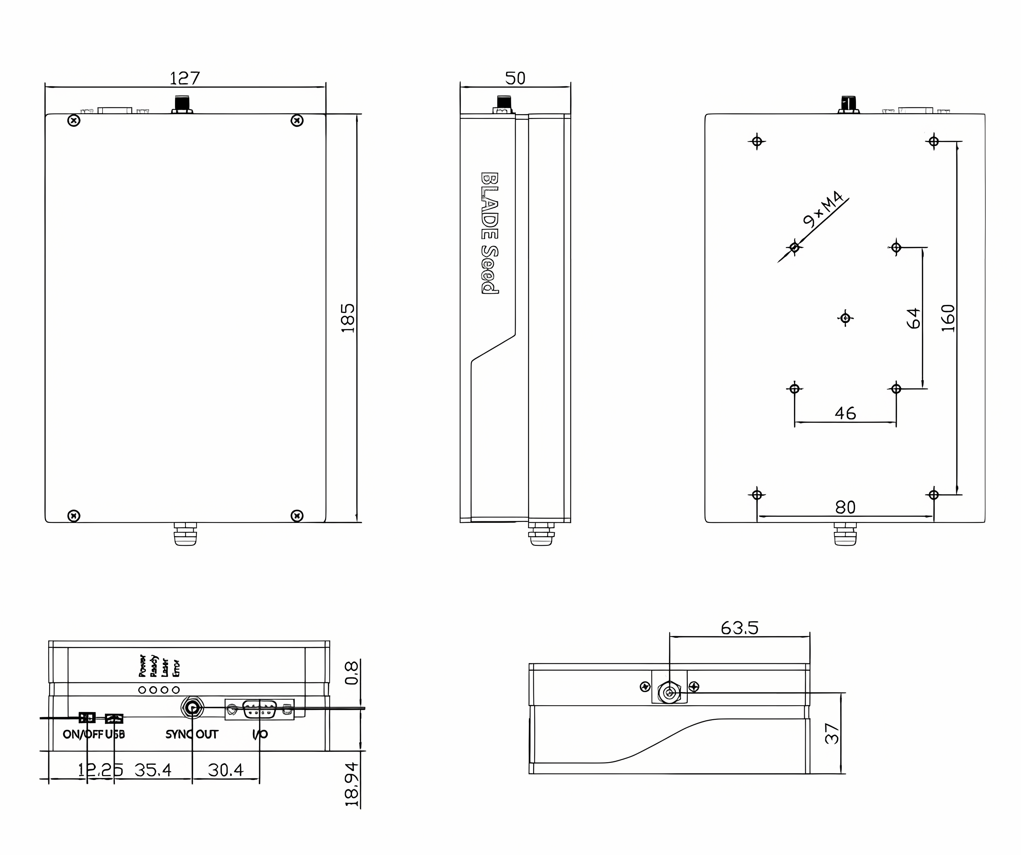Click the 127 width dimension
point(184,78)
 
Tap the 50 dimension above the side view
point(515,78)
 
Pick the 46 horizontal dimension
point(845,414)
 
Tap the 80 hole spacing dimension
point(845,507)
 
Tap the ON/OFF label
point(82,734)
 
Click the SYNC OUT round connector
point(192,708)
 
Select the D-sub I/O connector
point(260,709)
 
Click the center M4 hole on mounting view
point(845,318)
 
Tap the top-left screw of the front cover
point(73,121)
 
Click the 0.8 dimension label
point(352,673)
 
